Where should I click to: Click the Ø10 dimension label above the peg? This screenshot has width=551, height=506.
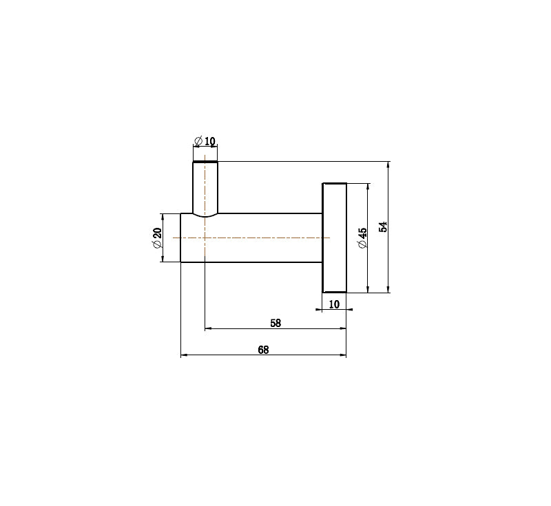point(205,141)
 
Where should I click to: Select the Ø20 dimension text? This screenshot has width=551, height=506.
point(156,238)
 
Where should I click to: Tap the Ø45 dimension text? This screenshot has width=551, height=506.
point(362,238)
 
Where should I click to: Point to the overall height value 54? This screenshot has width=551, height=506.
point(384,226)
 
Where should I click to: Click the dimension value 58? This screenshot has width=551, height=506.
point(275,322)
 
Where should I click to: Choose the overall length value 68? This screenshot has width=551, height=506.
point(263,349)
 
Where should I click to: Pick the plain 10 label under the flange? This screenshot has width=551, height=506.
point(334,304)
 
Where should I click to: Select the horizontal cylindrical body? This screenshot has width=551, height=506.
point(262,238)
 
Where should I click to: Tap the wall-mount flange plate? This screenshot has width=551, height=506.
point(335,238)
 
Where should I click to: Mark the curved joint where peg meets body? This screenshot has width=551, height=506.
point(205,215)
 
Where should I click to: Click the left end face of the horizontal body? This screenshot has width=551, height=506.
point(181,238)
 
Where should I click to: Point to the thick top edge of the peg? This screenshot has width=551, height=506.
point(205,162)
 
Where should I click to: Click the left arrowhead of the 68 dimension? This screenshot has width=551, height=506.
point(184,355)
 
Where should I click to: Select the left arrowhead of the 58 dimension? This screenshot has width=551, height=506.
point(209,328)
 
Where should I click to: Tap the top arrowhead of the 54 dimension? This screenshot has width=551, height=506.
point(389,165)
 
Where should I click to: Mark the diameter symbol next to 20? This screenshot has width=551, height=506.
point(156,244)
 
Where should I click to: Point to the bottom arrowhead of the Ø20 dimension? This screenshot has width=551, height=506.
point(163,258)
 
